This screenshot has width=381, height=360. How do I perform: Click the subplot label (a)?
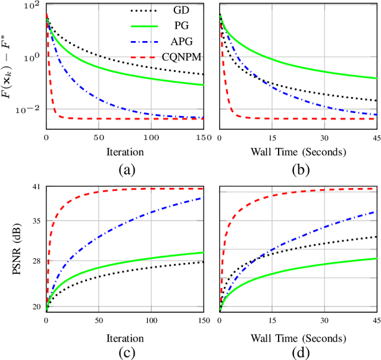click(x=126, y=170)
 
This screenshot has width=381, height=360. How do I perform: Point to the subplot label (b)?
click(x=299, y=170)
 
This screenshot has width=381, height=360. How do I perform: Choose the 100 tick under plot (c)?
click(x=151, y=322)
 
